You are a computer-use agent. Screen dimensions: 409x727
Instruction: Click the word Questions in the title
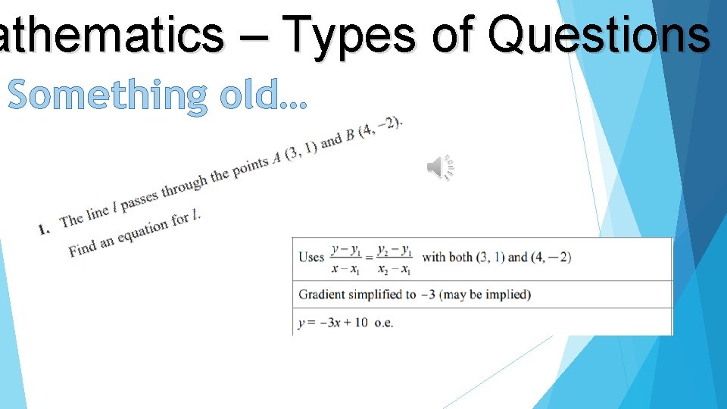click(598, 35)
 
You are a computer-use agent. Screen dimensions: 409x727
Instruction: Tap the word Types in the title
click(350, 35)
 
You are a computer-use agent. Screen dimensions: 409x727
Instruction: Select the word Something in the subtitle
click(107, 96)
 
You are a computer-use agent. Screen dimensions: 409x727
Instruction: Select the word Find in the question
click(83, 249)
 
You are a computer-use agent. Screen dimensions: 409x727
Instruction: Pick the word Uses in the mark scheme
click(311, 257)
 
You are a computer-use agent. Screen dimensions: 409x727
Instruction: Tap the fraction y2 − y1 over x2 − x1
click(395, 258)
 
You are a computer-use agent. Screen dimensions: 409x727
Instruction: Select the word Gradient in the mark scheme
click(322, 295)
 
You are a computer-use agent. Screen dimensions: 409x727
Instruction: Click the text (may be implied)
click(485, 295)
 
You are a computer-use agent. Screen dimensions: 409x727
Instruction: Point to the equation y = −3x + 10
click(333, 323)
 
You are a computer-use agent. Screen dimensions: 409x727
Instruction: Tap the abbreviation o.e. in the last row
click(384, 323)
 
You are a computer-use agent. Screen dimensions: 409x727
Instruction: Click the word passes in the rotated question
click(139, 199)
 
